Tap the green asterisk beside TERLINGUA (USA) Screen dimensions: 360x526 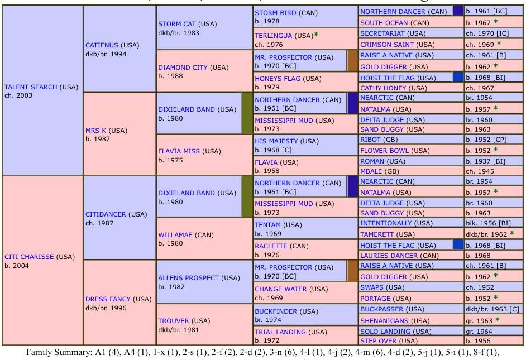pos(316,35)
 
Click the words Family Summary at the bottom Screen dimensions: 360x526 pos(51,352)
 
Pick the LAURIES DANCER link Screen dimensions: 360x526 pos(391,255)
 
